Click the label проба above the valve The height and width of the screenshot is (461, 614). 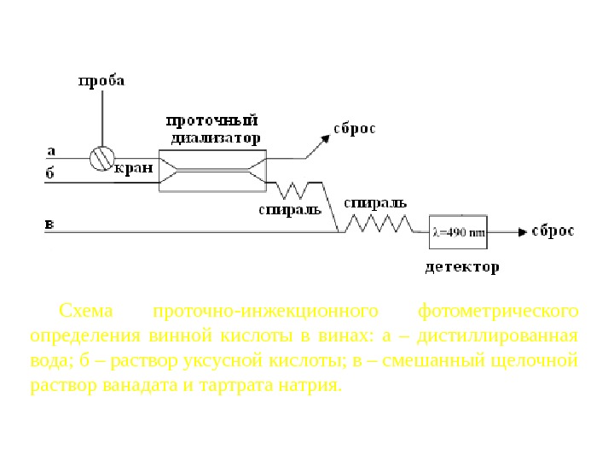(101, 81)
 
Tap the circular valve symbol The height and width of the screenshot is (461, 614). (101, 158)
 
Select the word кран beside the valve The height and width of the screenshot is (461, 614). (134, 168)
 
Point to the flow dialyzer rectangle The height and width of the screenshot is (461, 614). (212, 168)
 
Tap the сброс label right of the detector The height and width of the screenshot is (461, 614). (553, 231)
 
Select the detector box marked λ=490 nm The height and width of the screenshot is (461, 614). (458, 231)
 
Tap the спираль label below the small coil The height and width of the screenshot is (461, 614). (289, 208)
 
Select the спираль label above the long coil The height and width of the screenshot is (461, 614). (375, 203)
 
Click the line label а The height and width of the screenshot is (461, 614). (51, 149)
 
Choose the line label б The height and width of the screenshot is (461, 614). (50, 173)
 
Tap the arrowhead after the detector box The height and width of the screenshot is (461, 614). (519, 231)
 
